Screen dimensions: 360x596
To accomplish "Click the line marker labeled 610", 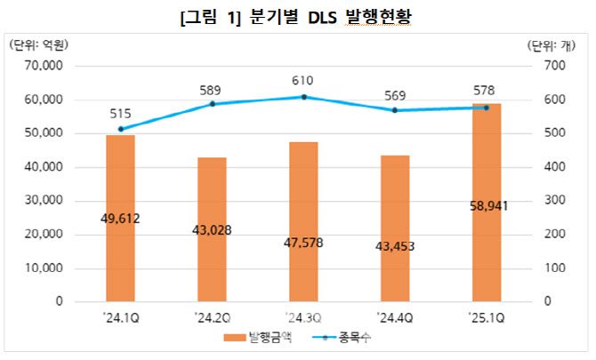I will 303,97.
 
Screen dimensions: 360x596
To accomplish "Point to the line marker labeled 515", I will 120,129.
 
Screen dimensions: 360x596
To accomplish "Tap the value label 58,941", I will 487,205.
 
